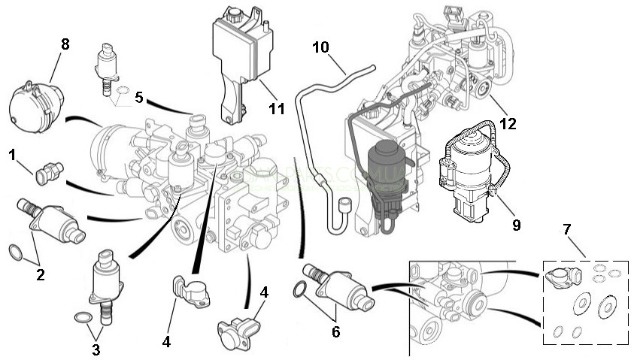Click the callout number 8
65,44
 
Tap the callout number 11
277,109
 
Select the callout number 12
508,123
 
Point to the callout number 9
516,224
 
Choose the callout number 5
138,97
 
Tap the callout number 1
12,154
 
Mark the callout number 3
96,349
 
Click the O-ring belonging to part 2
16,251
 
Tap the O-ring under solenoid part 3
80,318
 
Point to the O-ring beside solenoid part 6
300,288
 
